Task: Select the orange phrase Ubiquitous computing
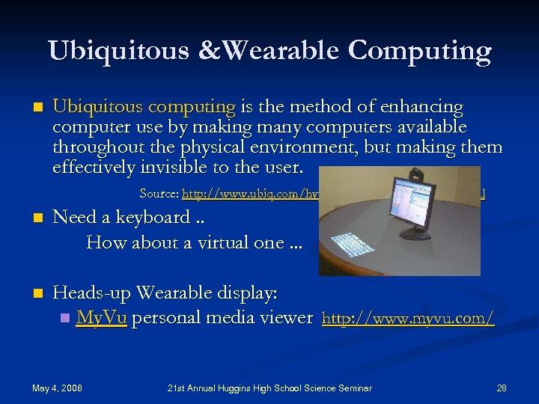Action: [144, 108]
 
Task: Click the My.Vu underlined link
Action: [101, 318]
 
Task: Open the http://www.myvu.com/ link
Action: [407, 319]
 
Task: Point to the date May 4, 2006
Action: [57, 388]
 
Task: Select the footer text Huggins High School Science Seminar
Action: [292, 388]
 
